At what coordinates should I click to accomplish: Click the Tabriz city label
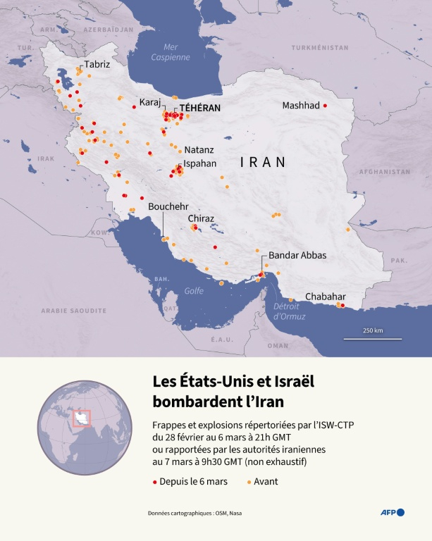pyautogui.click(x=97, y=64)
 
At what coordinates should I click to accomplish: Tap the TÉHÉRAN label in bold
pyautogui.click(x=200, y=108)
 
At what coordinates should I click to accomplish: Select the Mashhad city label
pyautogui.click(x=301, y=106)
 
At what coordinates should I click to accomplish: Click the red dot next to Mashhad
pyautogui.click(x=325, y=106)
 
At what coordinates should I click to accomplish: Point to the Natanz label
pyautogui.click(x=199, y=150)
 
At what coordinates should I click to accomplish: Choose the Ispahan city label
pyautogui.click(x=199, y=163)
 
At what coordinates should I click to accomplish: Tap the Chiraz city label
pyautogui.click(x=201, y=219)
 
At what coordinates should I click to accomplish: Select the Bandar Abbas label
pyautogui.click(x=297, y=255)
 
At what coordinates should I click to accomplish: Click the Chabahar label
pyautogui.click(x=326, y=297)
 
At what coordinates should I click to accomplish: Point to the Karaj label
pyautogui.click(x=151, y=101)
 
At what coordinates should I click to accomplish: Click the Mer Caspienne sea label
pyautogui.click(x=171, y=53)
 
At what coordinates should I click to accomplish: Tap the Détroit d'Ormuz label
pyautogui.click(x=289, y=311)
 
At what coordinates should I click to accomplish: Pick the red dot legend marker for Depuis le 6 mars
pyautogui.click(x=155, y=482)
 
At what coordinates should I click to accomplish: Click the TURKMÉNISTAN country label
pyautogui.click(x=319, y=47)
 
